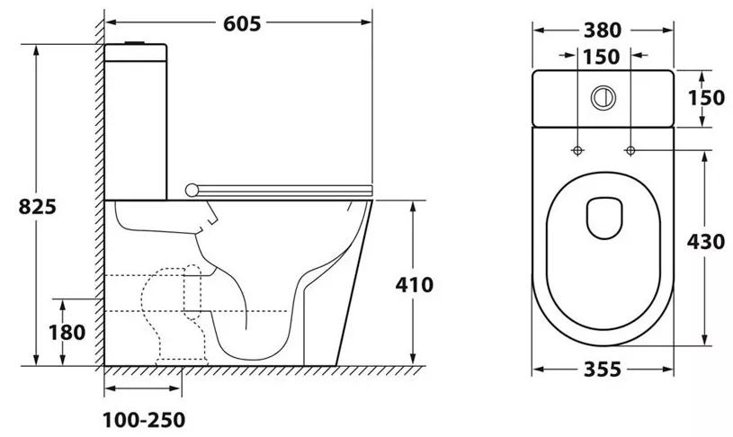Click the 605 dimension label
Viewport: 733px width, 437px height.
[242, 23]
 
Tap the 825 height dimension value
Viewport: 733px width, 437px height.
[38, 206]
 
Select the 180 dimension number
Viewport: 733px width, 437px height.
[67, 333]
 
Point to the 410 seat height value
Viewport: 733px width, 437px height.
[415, 285]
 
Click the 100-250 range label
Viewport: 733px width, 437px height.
[144, 420]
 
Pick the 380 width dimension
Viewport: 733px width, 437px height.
[603, 31]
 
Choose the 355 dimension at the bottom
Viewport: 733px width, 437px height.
[603, 370]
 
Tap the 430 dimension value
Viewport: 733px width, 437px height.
[706, 242]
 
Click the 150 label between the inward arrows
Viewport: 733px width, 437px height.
[602, 57]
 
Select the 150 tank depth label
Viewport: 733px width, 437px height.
[706, 98]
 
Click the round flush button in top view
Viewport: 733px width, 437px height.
[603, 98]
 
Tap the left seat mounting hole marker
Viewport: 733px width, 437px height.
[577, 150]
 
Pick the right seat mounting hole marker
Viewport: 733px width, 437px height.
[630, 150]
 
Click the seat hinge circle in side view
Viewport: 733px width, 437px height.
[192, 190]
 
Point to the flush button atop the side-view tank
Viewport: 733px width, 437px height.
[136, 42]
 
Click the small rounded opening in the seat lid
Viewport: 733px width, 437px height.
[604, 218]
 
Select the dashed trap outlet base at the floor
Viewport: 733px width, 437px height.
[182, 361]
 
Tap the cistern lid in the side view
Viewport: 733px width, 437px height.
[136, 52]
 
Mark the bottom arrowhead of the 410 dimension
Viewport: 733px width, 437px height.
[413, 359]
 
